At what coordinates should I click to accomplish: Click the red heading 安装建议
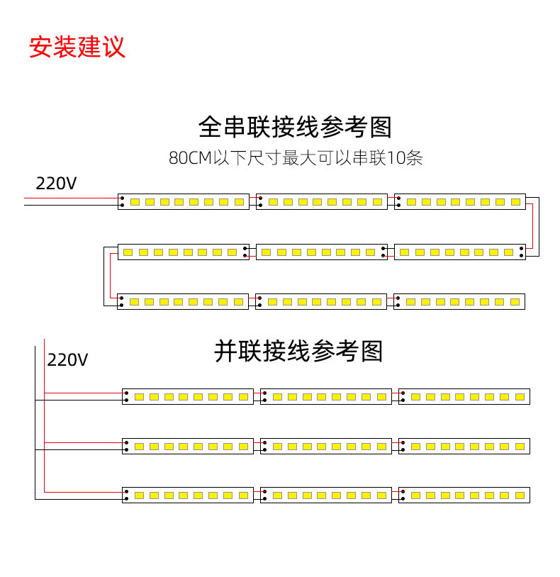[x=77, y=46]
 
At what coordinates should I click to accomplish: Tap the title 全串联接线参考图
[x=295, y=128]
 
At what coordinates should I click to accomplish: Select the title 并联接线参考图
[x=298, y=351]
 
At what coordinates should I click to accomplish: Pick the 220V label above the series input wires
[x=57, y=183]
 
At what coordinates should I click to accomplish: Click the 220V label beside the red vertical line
[x=68, y=360]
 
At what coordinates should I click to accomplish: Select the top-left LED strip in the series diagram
[x=183, y=202]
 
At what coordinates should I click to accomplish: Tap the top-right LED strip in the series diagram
[x=459, y=202]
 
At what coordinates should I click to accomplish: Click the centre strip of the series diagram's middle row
[x=321, y=252]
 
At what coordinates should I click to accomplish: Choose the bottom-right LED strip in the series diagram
[x=459, y=301]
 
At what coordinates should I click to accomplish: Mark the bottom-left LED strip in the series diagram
[x=183, y=301]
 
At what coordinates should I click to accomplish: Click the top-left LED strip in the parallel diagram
[x=187, y=396]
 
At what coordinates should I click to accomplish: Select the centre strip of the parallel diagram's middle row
[x=325, y=446]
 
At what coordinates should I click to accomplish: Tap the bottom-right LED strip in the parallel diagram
[x=464, y=495]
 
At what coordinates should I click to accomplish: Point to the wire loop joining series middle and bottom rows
[x=106, y=276]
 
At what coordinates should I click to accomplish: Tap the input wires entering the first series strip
[x=71, y=202]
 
